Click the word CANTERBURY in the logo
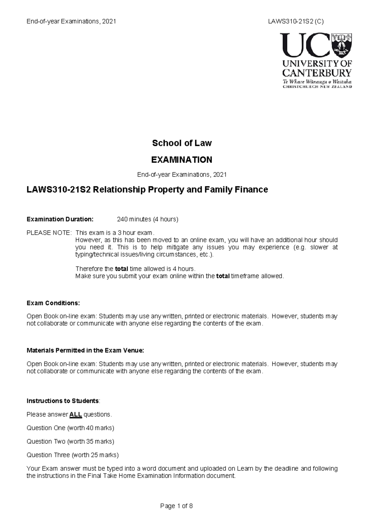point(317,73)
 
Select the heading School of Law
point(182,143)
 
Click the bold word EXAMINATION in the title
point(182,160)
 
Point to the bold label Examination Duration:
point(60,219)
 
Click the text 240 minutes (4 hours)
point(147,219)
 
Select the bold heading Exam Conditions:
point(53,303)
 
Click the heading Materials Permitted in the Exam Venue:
point(85,350)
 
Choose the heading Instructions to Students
point(63,401)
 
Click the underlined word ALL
point(76,415)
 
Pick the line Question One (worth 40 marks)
point(71,428)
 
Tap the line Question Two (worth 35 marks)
point(71,441)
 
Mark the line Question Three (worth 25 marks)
point(73,455)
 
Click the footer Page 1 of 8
point(177,506)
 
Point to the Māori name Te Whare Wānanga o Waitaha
point(317,82)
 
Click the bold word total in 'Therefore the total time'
point(122,269)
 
